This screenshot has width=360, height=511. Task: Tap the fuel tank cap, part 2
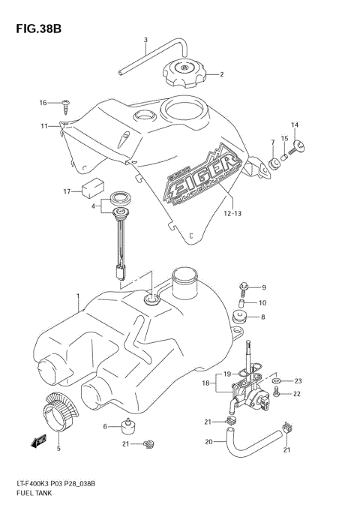click(183, 74)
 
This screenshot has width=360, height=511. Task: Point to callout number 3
click(145, 40)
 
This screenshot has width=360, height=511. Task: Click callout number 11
click(44, 126)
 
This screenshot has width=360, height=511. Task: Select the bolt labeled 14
click(300, 146)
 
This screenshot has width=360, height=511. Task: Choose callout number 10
click(262, 302)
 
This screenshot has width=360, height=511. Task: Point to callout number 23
click(297, 380)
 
